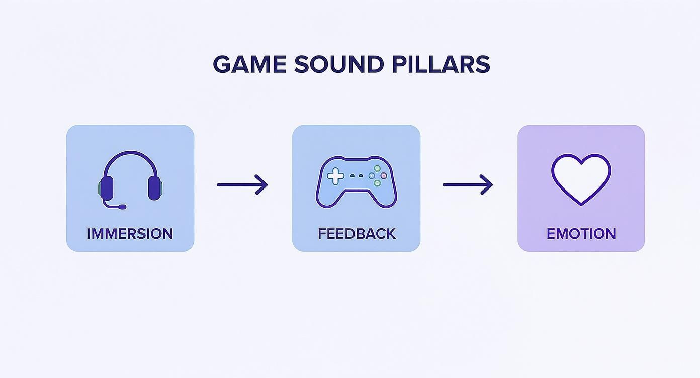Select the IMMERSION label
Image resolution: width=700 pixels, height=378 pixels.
pos(130,234)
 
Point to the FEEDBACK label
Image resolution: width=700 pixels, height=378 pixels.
pos(357,234)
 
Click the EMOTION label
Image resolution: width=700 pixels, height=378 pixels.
pos(581,234)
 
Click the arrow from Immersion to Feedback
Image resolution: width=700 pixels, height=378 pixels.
pos(242,184)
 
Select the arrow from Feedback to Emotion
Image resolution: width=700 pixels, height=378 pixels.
pos(467,184)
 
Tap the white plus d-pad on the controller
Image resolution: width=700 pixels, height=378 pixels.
pos(334,175)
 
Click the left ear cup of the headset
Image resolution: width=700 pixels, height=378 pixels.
pos(107,187)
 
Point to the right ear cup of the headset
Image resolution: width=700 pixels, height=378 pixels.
pos(154,187)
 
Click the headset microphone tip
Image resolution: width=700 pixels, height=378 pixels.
pos(122,207)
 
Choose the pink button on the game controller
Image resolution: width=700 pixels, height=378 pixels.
pos(384,175)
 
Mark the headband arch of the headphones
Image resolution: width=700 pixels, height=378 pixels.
pos(130,154)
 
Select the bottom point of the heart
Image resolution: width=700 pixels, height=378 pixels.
pos(581,204)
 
